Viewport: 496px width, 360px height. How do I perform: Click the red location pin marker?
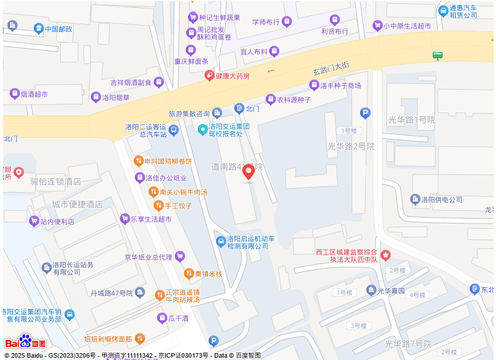click(x=249, y=171)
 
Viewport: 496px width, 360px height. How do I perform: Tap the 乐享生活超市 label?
click(x=151, y=219)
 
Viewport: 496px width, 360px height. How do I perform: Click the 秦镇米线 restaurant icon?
click(x=189, y=274)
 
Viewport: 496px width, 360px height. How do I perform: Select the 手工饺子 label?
click(x=178, y=206)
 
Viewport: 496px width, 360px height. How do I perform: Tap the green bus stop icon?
click(x=438, y=55)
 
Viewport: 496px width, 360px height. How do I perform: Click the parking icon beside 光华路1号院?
click(x=365, y=113)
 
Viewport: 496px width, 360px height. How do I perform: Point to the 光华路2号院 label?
click(x=351, y=146)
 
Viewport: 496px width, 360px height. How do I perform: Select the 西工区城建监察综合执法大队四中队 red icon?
click(x=386, y=254)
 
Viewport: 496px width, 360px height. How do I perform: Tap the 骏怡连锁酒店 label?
click(x=55, y=182)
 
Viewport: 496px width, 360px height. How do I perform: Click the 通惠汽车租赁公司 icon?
click(x=443, y=11)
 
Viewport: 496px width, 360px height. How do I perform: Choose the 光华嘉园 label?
click(x=393, y=290)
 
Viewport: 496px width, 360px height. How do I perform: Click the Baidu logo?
click(x=25, y=342)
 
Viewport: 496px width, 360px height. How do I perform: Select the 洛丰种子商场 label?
click(x=341, y=85)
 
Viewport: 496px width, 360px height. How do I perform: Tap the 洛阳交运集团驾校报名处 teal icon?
click(x=202, y=130)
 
